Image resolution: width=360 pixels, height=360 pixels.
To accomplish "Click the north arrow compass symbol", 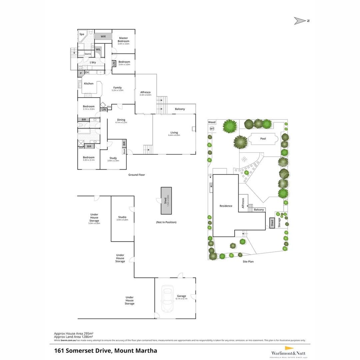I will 300,21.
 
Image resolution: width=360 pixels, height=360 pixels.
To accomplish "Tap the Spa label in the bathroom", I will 82,34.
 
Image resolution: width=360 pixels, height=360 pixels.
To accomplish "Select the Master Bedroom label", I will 123,39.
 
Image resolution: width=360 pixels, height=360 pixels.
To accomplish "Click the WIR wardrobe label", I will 103,36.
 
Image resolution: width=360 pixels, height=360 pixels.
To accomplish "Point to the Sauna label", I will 88,54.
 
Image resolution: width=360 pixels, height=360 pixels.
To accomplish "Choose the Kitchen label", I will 89,83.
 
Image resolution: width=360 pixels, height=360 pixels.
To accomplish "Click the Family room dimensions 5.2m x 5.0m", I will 117,90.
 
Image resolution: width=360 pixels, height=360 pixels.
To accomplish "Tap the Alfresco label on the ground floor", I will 145,92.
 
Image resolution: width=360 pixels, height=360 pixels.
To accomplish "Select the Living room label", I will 174,133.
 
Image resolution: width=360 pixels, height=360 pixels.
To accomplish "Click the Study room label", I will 113,158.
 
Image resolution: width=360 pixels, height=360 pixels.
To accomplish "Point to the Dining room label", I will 121,120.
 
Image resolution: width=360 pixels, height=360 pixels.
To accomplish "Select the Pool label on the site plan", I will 263,139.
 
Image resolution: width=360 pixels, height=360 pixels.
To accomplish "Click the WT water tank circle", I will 212,129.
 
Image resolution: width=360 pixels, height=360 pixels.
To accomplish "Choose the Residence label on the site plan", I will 226,206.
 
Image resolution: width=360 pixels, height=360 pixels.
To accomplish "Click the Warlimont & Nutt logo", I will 288,353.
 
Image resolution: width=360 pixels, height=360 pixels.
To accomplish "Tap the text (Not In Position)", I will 166,222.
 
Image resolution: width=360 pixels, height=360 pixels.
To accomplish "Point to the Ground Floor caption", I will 137,175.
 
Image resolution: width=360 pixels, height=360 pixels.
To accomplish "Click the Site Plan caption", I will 248,262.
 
